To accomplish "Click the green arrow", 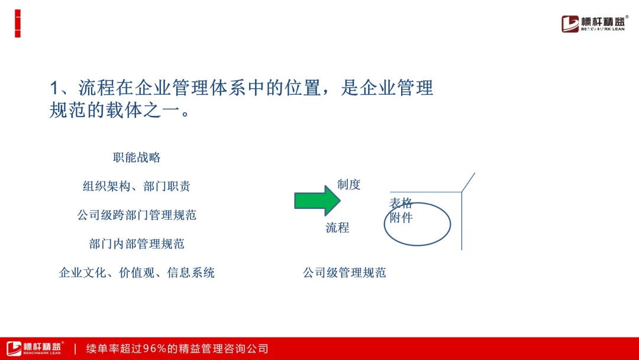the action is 317,201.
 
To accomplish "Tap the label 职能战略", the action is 137,157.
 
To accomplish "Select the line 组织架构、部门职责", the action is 137,187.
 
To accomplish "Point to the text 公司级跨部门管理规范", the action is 137,215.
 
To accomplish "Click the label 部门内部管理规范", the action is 137,244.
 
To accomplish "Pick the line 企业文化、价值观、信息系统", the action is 137,273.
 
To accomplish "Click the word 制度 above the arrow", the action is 349,185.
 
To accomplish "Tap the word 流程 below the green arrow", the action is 337,227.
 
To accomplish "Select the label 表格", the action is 401,203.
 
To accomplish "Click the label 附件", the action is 401,218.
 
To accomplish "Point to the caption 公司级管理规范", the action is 344,273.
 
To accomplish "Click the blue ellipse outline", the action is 385,224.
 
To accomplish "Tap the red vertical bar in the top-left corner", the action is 18,24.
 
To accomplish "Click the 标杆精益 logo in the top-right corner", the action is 595,24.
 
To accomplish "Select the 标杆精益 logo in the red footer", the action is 34,348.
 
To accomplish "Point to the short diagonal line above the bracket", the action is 468,182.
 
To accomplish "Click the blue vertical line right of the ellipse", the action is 461,221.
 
